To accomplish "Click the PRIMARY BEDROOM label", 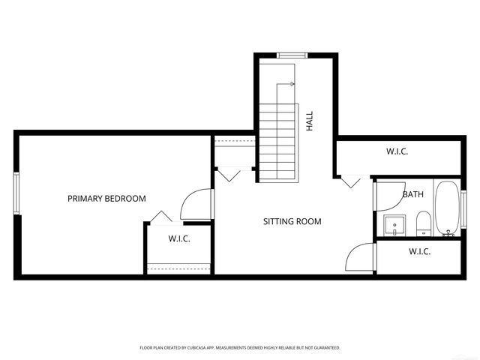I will point(106,199).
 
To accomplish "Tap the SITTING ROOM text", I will point(292,222).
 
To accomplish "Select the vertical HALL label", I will point(310,121).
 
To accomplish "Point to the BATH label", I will point(412,195).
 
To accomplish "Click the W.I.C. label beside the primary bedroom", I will point(178,239).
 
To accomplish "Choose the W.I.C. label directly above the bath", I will point(397,152).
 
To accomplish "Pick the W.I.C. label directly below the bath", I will point(419,252).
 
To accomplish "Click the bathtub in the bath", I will point(447,209).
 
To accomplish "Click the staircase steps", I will point(278,142).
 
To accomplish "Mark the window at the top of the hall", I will point(292,54).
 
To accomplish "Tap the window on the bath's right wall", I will point(463,209).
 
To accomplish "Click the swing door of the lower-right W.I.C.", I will point(361,259).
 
